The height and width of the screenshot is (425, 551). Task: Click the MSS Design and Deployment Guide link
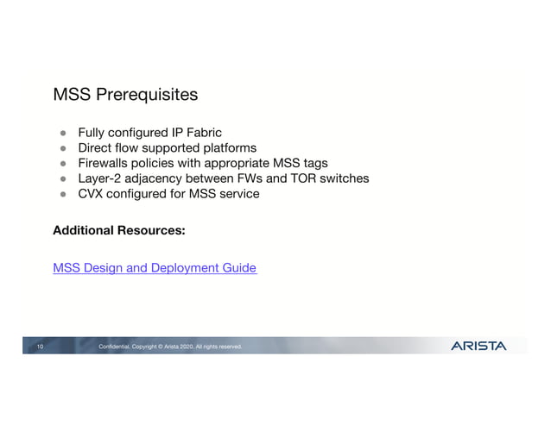(x=155, y=268)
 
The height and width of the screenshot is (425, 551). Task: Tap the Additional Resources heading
(x=119, y=231)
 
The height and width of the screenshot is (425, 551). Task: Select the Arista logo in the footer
(x=478, y=346)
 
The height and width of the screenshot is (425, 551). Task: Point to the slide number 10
(x=40, y=347)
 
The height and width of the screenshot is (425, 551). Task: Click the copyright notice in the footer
(x=170, y=347)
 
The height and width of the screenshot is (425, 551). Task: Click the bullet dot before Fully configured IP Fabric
(x=63, y=134)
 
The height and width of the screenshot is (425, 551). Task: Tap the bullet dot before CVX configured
(x=63, y=195)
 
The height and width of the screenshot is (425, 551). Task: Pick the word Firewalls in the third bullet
(x=105, y=163)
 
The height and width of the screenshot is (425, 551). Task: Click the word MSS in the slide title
(x=69, y=93)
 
